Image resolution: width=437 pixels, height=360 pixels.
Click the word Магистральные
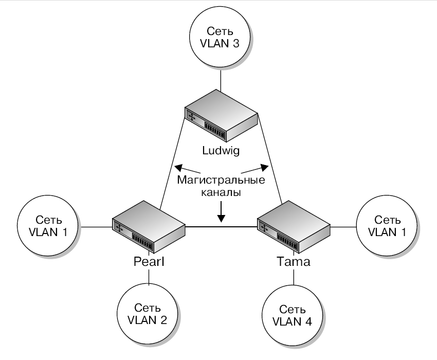tap(221, 181)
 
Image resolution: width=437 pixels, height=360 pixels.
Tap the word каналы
tap(221, 193)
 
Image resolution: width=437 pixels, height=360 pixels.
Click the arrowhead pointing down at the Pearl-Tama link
tap(221, 219)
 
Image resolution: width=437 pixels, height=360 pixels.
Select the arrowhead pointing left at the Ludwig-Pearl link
tap(178, 167)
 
